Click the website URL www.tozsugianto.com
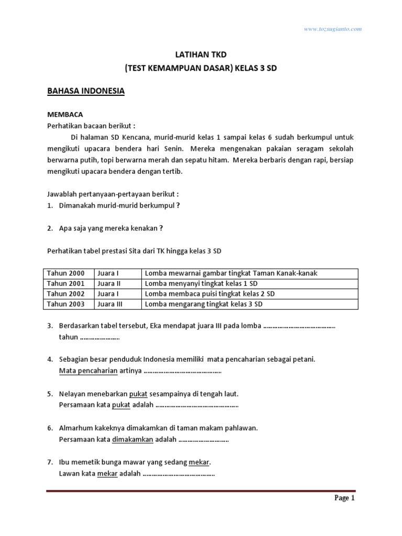coord(333,29)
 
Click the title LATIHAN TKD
coord(201,54)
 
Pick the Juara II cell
coord(109,284)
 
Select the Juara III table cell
coord(110,304)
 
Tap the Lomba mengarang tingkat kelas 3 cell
coord(204,304)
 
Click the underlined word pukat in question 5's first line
coord(139,394)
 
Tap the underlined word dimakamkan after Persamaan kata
coord(132,440)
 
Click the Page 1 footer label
coord(344,498)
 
